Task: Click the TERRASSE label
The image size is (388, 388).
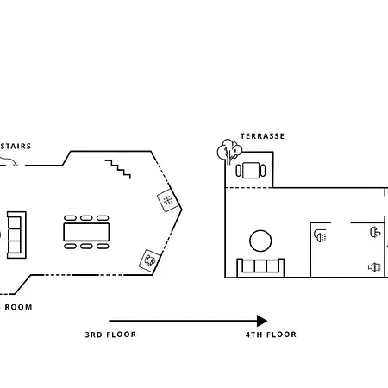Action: tap(262, 136)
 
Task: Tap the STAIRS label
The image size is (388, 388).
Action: tap(16, 146)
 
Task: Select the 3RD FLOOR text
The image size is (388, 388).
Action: tap(110, 335)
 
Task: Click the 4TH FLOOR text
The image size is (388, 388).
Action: tap(271, 335)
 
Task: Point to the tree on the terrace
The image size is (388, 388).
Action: tap(229, 151)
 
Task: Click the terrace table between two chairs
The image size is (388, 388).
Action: tap(251, 171)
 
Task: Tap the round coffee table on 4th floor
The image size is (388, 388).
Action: tap(260, 241)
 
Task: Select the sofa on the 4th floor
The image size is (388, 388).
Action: tap(260, 268)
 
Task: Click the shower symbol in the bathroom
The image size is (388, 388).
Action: tap(320, 235)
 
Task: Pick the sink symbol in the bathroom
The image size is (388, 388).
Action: tap(375, 232)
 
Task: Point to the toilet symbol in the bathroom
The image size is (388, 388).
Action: tap(374, 267)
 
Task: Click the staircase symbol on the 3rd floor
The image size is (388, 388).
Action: tap(118, 169)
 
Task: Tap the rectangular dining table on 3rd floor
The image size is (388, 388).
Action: tap(86, 232)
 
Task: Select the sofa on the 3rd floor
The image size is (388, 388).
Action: tap(16, 235)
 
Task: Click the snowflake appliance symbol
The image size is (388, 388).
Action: tap(168, 200)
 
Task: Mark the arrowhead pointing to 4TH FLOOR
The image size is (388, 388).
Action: tap(262, 321)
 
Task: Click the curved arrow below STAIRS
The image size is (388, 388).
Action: tap(10, 161)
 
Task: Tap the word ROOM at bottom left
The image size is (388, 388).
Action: tap(18, 307)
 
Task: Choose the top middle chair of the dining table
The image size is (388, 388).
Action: tap(86, 218)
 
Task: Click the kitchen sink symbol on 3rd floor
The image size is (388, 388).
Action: tap(149, 260)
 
